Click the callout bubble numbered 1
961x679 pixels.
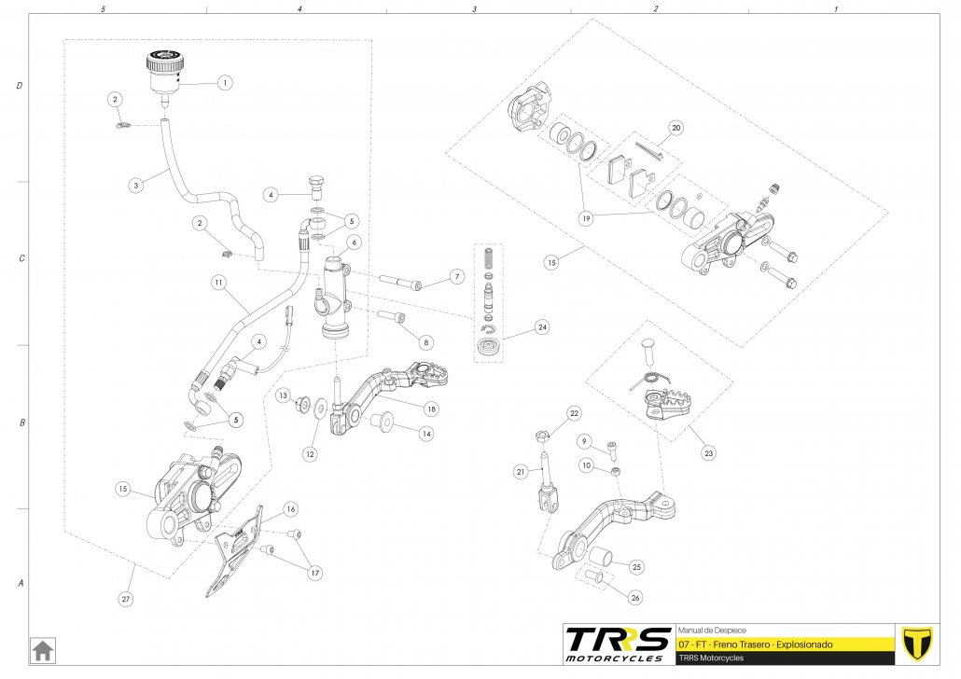[x=225, y=82]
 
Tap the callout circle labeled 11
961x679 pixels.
[x=218, y=281]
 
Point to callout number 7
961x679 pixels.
[x=455, y=277]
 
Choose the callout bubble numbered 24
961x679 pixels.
[x=541, y=327]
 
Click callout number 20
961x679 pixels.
[x=676, y=128]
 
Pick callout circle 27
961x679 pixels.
[x=126, y=600]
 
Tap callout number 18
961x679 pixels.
[x=430, y=409]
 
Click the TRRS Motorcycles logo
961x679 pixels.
[x=618, y=644]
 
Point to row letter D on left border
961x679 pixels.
[x=20, y=86]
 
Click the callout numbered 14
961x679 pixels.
[x=425, y=434]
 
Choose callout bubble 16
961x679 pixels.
[x=290, y=509]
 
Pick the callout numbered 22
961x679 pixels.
[x=575, y=412]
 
